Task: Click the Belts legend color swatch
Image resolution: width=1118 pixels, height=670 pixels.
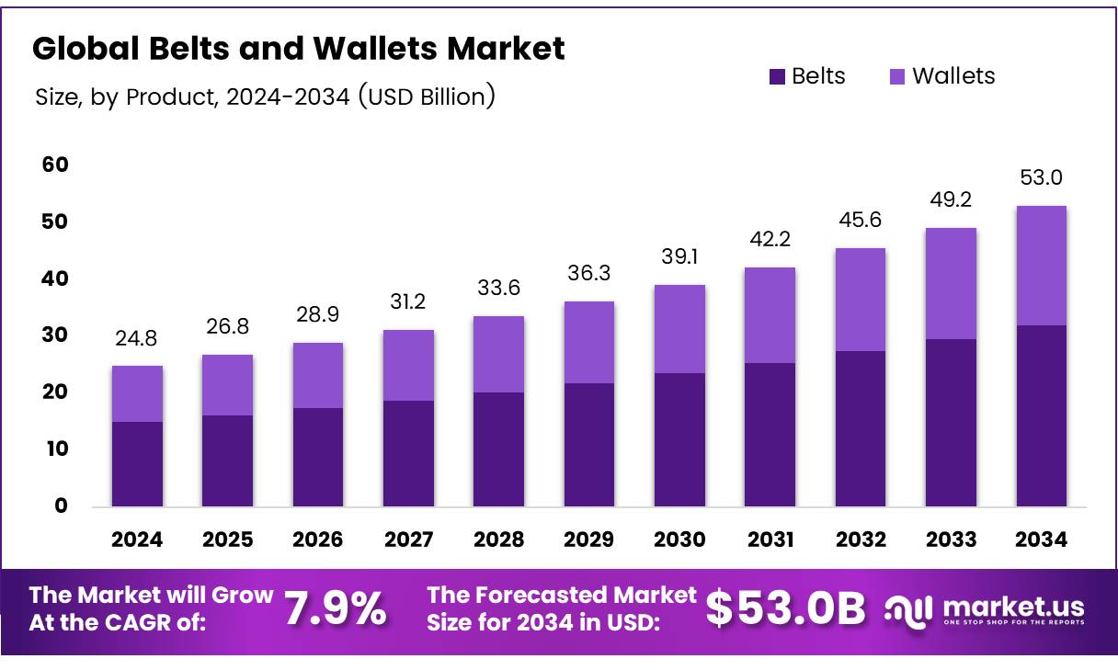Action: (x=777, y=76)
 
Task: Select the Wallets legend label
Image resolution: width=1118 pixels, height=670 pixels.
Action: (x=953, y=76)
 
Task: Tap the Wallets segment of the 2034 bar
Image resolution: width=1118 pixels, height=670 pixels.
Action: (x=1041, y=266)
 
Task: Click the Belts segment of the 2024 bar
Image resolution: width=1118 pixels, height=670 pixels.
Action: (x=137, y=464)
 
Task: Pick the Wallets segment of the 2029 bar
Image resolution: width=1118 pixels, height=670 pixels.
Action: (x=589, y=343)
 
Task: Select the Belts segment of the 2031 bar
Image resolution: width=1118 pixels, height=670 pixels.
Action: (x=770, y=435)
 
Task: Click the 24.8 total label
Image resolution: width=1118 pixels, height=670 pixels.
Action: (x=137, y=339)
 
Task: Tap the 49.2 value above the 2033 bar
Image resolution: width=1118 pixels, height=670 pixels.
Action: (x=951, y=200)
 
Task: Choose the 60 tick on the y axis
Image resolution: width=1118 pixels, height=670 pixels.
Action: (x=55, y=165)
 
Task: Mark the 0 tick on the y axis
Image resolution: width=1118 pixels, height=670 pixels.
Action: (x=61, y=506)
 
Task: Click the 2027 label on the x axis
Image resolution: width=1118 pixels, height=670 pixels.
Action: (x=408, y=539)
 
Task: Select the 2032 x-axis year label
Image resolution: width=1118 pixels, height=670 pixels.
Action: (x=861, y=539)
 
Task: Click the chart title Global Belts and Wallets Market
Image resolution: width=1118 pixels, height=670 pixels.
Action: (x=299, y=49)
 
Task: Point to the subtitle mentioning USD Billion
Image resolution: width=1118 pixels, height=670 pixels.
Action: (x=265, y=96)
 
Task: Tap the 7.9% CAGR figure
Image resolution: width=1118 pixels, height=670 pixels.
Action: (x=335, y=609)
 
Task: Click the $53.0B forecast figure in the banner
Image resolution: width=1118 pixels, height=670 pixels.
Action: (x=786, y=609)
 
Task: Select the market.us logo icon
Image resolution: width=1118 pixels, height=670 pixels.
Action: (x=909, y=608)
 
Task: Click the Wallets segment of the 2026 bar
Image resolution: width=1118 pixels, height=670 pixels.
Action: (x=318, y=376)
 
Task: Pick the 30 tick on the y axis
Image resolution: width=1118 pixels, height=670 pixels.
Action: (x=55, y=335)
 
